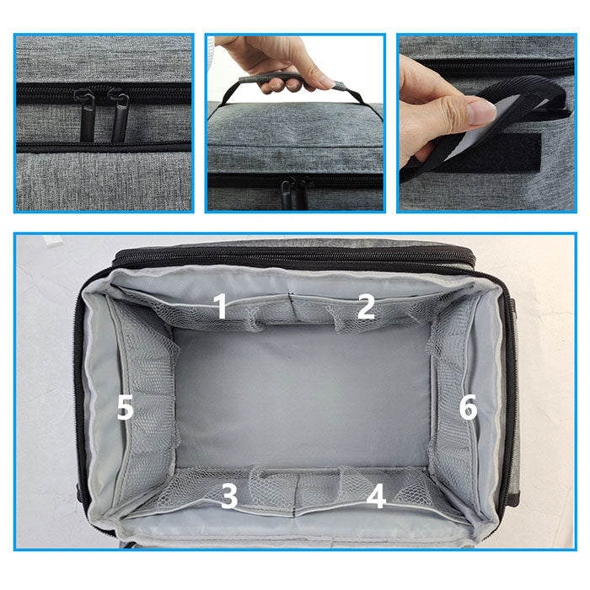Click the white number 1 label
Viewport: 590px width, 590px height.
pos(221,306)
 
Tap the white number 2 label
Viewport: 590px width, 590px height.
pos(366,306)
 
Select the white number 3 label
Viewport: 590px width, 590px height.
pos(229,496)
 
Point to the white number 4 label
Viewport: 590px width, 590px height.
pos(376,496)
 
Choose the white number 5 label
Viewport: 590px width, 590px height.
pos(126,407)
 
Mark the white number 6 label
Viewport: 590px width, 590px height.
pos(469,407)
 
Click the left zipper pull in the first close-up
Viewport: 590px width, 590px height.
pos(85,115)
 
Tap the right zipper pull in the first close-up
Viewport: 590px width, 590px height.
pos(119,115)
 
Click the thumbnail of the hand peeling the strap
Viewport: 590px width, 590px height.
pos(487,123)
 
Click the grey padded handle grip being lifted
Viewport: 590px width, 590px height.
pos(290,79)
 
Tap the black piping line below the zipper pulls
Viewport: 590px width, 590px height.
pos(104,147)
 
